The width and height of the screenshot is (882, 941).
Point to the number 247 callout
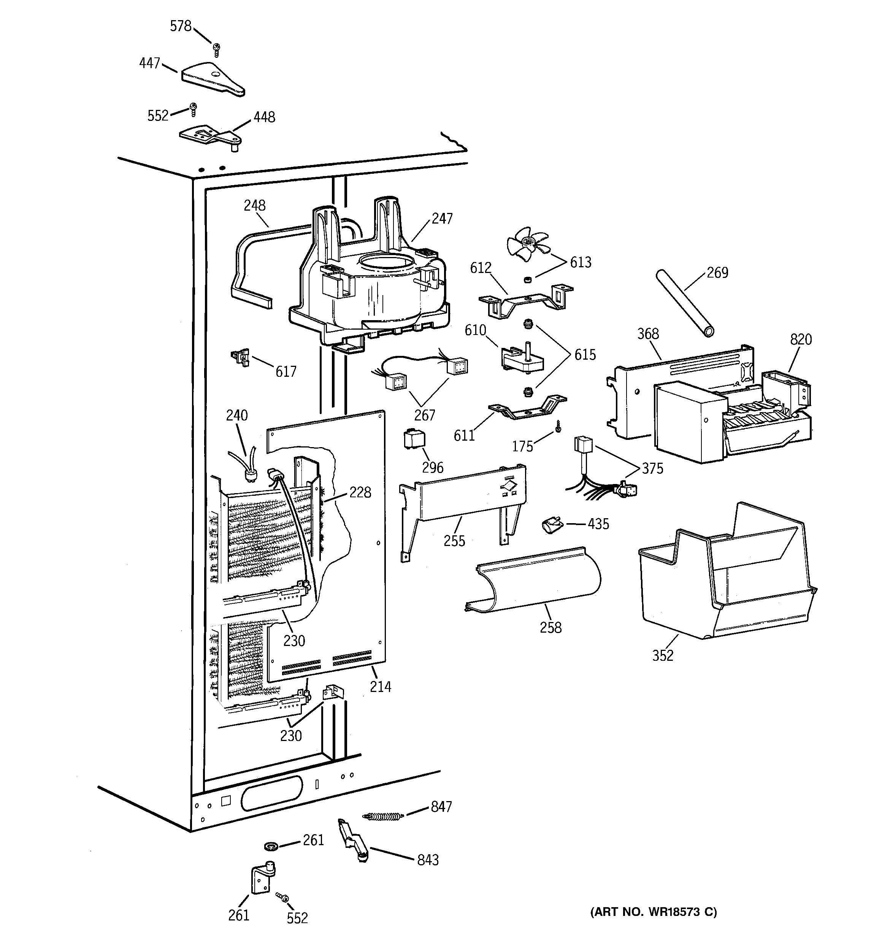point(442,219)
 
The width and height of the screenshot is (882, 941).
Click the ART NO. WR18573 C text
point(654,912)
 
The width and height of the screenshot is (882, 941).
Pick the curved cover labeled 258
point(535,580)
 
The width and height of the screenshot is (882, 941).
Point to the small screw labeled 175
point(558,427)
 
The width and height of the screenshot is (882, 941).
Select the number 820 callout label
point(801,340)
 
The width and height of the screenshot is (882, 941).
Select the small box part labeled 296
point(413,439)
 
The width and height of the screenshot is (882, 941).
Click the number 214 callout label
point(380,686)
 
